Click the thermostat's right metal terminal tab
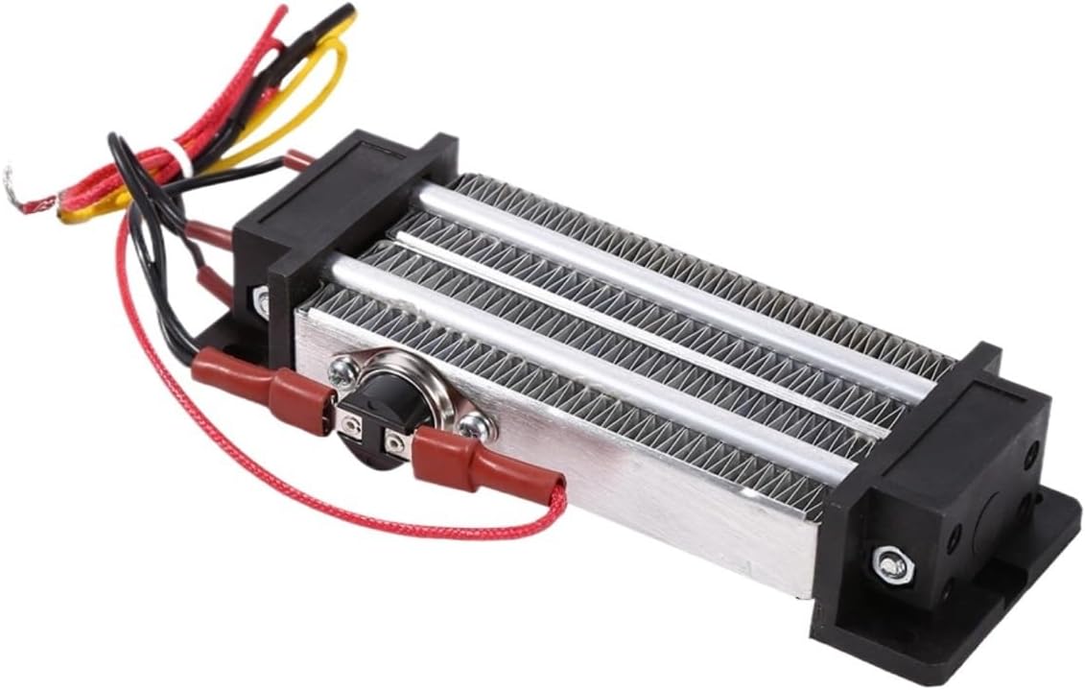[394, 442]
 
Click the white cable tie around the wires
[179, 158]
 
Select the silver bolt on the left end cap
[262, 299]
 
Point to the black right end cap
[921, 499]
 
